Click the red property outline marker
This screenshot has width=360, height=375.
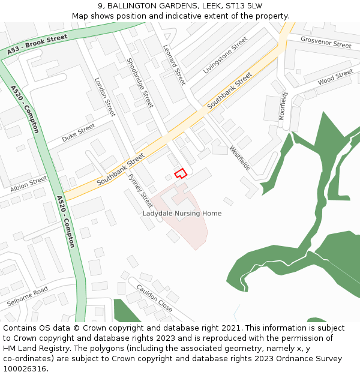click(180, 173)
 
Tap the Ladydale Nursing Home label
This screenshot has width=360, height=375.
click(182, 214)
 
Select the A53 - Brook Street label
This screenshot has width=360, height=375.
click(38, 45)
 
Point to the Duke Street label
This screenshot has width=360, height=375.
click(78, 133)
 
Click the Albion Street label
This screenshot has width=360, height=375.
click(28, 184)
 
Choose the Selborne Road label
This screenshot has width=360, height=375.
click(28, 297)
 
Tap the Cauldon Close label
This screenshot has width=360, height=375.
click(155, 297)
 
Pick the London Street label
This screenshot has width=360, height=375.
click(104, 97)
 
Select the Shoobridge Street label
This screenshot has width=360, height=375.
click(140, 82)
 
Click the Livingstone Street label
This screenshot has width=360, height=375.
click(225, 55)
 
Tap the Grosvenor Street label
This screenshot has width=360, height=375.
click(326, 43)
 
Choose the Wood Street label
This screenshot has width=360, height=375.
click(335, 77)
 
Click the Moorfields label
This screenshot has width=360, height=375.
click(283, 106)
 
